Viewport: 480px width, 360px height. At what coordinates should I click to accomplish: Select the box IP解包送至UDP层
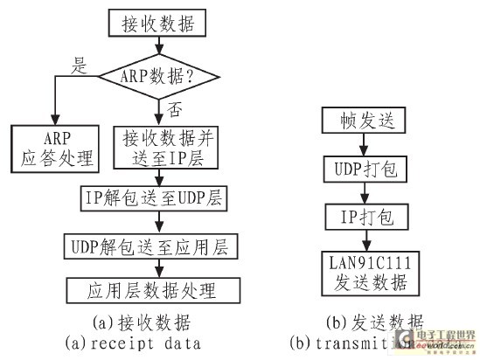[154, 198]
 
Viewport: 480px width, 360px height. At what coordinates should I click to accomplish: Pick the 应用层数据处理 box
[153, 289]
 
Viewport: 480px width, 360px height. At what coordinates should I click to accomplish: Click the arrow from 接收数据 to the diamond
[157, 45]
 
